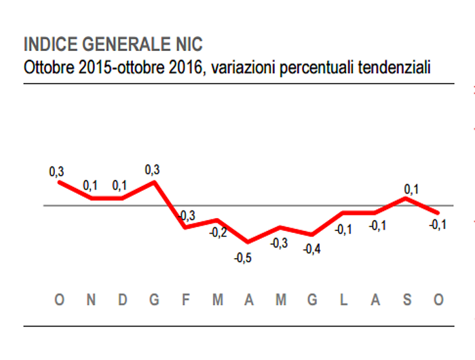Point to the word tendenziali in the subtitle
click(394, 67)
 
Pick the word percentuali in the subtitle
click(313, 67)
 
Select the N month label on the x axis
click(90, 300)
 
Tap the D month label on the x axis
click(122, 300)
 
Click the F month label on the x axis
click(185, 300)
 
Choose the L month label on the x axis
click(344, 300)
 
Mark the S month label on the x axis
click(407, 300)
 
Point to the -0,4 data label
click(311, 249)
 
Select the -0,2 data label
click(218, 233)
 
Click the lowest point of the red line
click(248, 242)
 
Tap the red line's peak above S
click(406, 198)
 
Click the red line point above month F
click(185, 226)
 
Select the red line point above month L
click(344, 213)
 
